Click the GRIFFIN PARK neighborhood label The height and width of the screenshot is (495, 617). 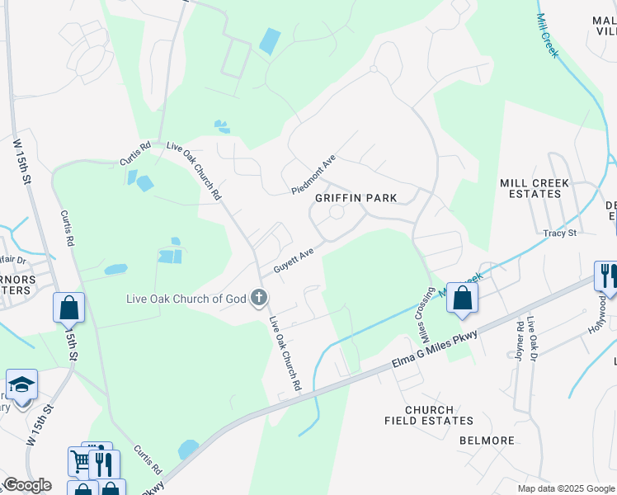[356, 198]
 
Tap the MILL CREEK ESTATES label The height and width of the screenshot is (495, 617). [530, 188]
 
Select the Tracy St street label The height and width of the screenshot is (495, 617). [559, 233]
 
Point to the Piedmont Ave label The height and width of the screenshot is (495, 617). [314, 174]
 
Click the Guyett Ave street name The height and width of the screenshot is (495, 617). [294, 259]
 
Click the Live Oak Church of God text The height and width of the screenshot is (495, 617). [186, 298]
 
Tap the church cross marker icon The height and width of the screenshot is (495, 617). [259, 297]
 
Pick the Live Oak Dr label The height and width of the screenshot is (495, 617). [533, 338]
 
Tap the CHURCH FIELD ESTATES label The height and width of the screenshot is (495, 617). [429, 415]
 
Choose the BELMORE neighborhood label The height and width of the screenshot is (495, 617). [487, 441]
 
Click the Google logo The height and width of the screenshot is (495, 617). [27, 485]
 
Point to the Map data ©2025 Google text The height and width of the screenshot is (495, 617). [566, 488]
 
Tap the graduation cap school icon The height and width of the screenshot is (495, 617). [21, 384]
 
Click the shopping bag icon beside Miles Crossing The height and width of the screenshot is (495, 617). [463, 299]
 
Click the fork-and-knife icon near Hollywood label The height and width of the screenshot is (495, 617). [607, 276]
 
